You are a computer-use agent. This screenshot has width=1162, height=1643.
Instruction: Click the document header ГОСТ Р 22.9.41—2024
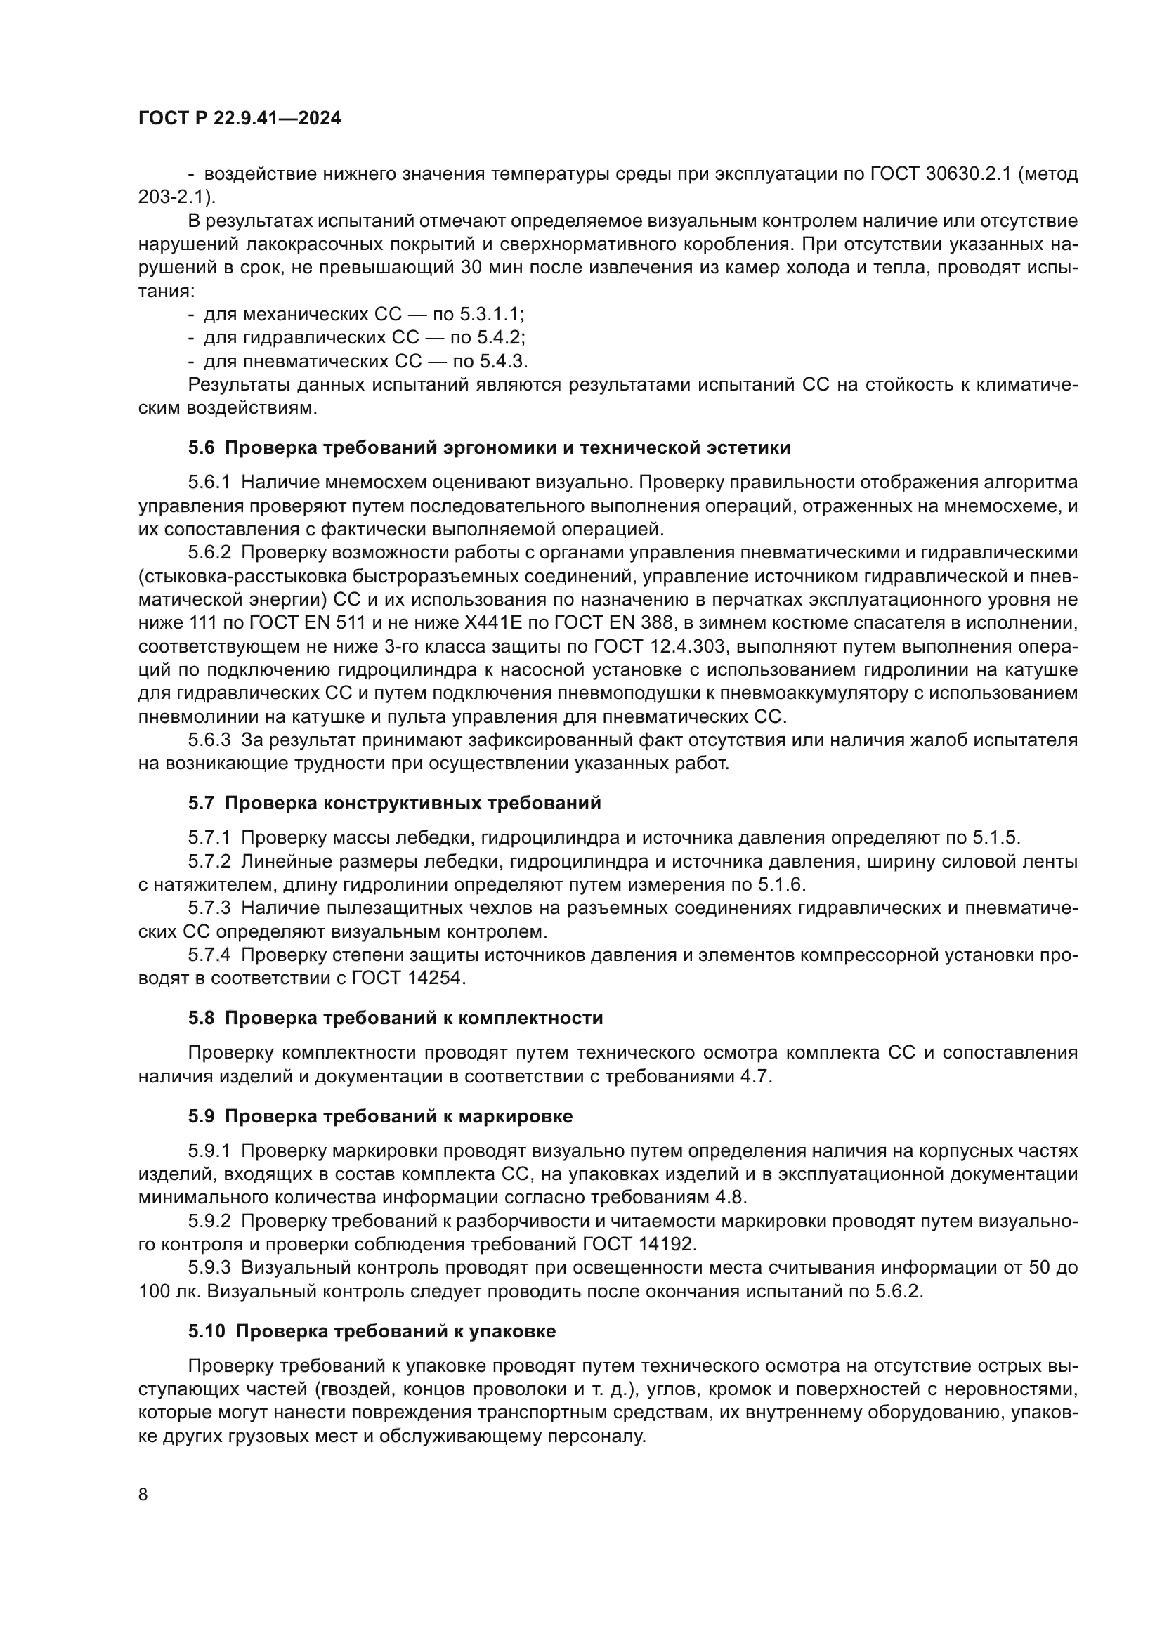click(239, 119)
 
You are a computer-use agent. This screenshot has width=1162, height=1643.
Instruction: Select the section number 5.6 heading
click(201, 448)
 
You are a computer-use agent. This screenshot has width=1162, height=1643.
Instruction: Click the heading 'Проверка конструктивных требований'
click(413, 803)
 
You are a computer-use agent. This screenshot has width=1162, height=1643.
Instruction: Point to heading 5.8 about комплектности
click(395, 1018)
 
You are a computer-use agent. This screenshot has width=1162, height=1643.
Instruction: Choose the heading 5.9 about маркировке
click(380, 1116)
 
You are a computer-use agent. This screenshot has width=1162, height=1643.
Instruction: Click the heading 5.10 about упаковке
click(372, 1332)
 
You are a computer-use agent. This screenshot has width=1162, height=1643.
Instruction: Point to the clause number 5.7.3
click(209, 908)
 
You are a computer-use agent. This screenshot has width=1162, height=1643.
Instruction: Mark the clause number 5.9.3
click(209, 1268)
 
